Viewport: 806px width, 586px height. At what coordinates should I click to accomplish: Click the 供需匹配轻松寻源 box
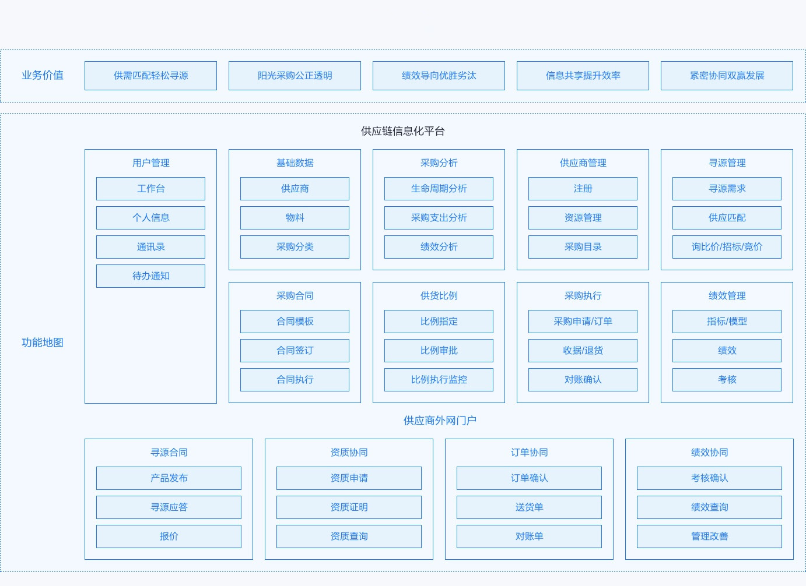[x=151, y=76]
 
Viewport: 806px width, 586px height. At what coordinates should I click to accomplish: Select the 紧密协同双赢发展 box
[x=727, y=76]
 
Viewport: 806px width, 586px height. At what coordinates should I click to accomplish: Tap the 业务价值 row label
[x=43, y=75]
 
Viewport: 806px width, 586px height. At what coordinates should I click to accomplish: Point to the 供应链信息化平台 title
[x=402, y=131]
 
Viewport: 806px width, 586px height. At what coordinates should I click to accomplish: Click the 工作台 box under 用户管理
[x=151, y=189]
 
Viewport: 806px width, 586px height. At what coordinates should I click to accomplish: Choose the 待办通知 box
[x=151, y=276]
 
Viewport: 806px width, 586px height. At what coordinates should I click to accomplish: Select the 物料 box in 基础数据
[x=295, y=218]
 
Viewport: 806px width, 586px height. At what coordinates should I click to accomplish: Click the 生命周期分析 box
[x=439, y=189]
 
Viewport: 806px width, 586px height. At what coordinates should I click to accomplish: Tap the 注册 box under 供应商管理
[x=583, y=189]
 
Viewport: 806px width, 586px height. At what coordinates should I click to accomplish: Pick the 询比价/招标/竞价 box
[x=727, y=247]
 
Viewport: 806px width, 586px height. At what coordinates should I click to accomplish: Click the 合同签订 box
[x=295, y=350]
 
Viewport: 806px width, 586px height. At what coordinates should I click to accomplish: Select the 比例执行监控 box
[x=439, y=379]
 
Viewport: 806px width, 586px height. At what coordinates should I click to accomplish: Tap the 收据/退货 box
[x=583, y=350]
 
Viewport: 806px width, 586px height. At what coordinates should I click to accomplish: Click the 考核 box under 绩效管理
[x=727, y=379]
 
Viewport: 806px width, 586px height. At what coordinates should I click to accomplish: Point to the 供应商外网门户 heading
[x=440, y=421]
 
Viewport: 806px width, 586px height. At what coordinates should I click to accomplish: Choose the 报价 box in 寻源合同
[x=169, y=536]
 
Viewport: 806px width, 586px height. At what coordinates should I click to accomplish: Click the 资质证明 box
[x=349, y=507]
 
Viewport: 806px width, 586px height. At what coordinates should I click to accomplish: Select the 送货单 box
[x=530, y=507]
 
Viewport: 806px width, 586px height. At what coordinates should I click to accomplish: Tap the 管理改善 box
[x=709, y=536]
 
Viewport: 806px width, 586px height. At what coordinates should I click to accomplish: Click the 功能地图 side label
[x=43, y=343]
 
